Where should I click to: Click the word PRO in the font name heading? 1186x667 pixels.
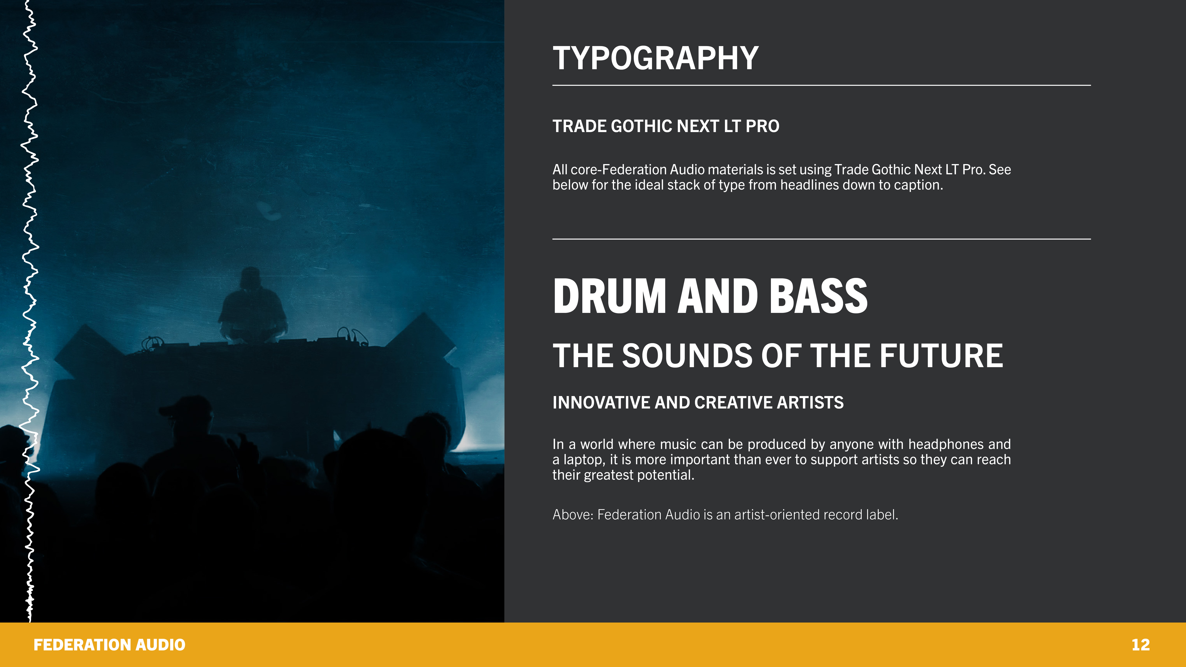coord(762,126)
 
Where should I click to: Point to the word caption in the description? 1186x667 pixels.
coord(918,185)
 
